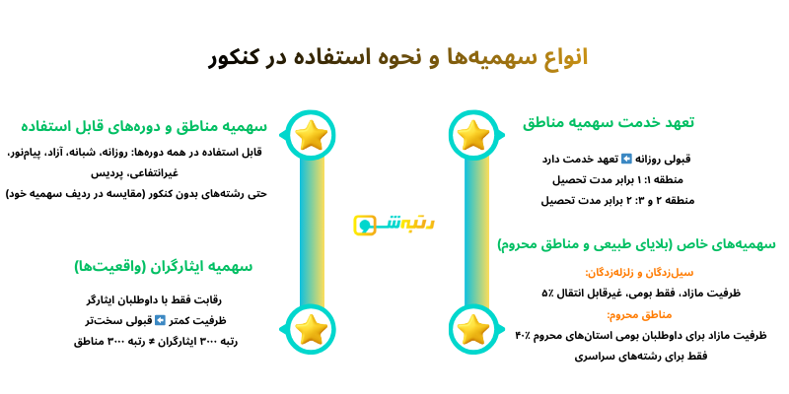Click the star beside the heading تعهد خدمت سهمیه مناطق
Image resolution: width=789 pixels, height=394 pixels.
(473, 135)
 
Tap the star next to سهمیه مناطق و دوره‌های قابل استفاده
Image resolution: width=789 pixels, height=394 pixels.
(312, 135)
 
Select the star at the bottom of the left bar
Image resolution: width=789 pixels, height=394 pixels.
(312, 329)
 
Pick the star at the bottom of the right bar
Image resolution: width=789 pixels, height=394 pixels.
(473, 329)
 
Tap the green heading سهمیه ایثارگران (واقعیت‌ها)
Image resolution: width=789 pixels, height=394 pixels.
(163, 266)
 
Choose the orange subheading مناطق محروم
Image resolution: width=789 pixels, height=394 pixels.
(639, 314)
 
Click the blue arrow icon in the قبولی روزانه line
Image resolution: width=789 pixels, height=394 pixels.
(625, 159)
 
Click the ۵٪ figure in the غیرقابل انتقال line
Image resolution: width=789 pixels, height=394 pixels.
(547, 293)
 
